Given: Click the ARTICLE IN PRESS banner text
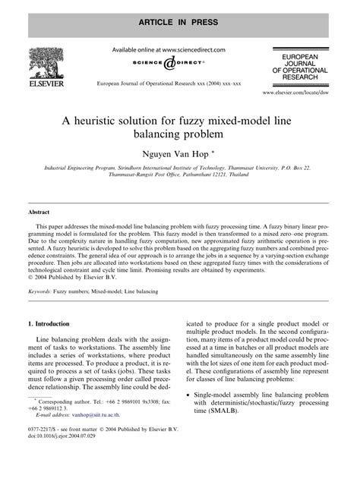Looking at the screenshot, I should tap(180, 14).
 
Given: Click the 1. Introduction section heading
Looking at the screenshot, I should tap(54, 323).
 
